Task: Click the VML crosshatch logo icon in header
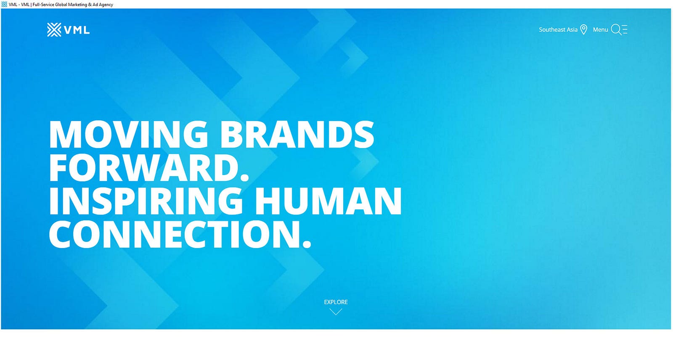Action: [54, 30]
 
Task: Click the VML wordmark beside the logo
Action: [77, 30]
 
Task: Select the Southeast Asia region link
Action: [558, 30]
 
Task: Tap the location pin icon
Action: [583, 30]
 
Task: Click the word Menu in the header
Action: [600, 30]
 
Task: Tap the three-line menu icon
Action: [625, 29]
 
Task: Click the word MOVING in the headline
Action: [128, 134]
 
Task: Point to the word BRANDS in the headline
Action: [297, 134]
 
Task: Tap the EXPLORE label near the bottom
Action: [336, 302]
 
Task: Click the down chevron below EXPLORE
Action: [336, 312]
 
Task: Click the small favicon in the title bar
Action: [4, 4]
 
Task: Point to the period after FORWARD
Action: [245, 177]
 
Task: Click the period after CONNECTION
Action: [307, 244]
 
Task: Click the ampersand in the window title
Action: [90, 5]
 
